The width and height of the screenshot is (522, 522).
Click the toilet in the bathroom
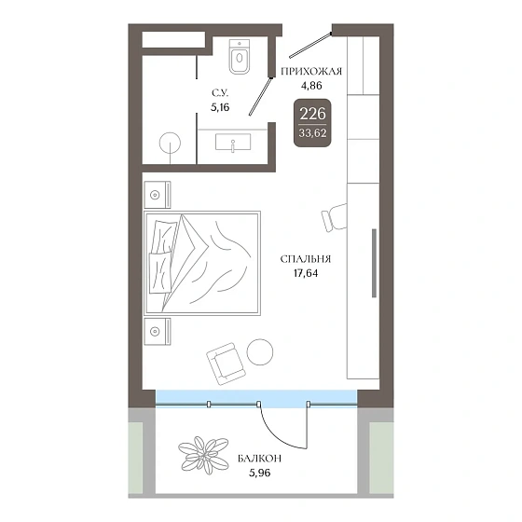coord(240,57)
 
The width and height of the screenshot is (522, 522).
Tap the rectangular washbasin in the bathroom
coord(233,142)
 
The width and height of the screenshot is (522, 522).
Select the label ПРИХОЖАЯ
coord(311,72)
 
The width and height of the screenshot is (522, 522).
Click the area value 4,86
coord(311,86)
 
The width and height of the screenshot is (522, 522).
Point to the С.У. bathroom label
coord(220,93)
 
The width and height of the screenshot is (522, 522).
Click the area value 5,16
coord(220,107)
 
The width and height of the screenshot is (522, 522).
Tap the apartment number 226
coord(312,114)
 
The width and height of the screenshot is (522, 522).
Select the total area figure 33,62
coord(312,133)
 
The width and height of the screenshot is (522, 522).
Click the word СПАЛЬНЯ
coord(306,259)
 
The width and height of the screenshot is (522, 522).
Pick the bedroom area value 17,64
coord(306,273)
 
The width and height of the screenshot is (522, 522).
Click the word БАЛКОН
coord(260,459)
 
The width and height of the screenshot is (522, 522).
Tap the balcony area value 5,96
coord(260,473)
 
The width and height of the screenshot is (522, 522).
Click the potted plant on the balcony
coord(203,456)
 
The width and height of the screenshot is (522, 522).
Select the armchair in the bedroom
coord(226,364)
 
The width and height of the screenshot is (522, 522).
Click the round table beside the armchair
coord(260,352)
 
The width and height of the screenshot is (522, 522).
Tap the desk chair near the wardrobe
coord(335,217)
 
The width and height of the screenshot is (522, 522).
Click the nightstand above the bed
coord(158,195)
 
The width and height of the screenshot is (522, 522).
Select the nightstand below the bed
coord(158,331)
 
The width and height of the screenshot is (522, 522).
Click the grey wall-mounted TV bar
coord(374,263)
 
